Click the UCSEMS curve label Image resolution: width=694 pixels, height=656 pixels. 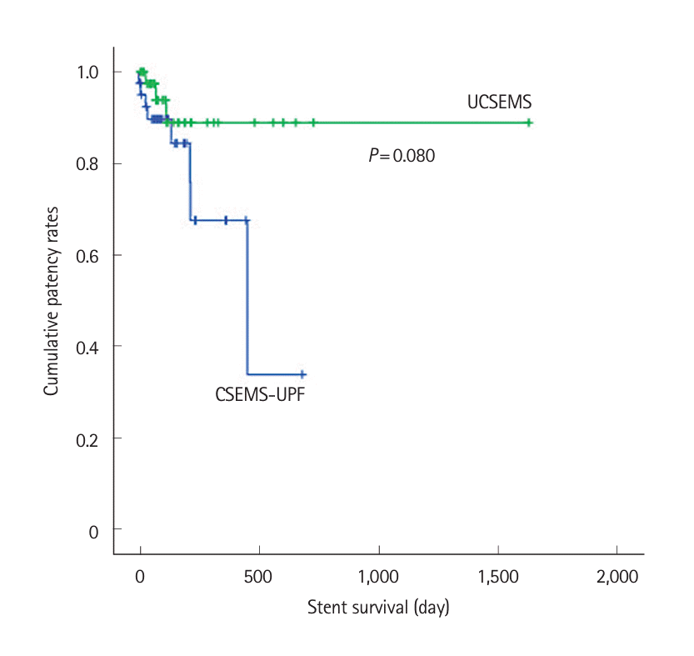[x=499, y=103]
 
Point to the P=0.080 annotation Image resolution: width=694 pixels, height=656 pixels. [x=402, y=155]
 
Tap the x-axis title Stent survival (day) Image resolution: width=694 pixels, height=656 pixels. [x=378, y=607]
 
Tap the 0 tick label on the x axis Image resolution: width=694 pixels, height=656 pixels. [x=140, y=577]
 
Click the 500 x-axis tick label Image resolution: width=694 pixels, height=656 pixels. [x=259, y=577]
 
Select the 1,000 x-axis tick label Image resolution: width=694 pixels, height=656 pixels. [x=378, y=577]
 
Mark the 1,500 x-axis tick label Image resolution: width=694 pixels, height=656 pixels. [x=497, y=577]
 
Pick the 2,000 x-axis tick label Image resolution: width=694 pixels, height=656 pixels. [x=617, y=577]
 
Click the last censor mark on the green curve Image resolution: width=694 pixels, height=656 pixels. [x=528, y=123]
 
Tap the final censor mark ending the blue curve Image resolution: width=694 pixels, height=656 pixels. [x=302, y=374]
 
